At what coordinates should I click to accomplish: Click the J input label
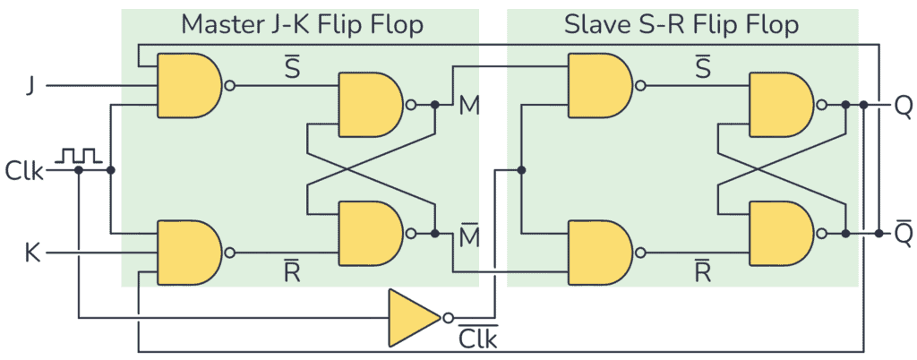click(x=32, y=87)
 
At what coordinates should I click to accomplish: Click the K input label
click(x=31, y=253)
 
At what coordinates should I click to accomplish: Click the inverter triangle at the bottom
click(x=412, y=317)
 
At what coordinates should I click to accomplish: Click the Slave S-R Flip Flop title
click(x=681, y=25)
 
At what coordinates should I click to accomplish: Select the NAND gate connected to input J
click(x=188, y=86)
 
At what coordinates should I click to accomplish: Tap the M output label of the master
click(x=468, y=106)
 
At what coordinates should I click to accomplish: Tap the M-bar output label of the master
click(x=468, y=236)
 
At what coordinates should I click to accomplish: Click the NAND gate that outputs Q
click(x=780, y=105)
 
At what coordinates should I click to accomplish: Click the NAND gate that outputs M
click(x=368, y=105)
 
